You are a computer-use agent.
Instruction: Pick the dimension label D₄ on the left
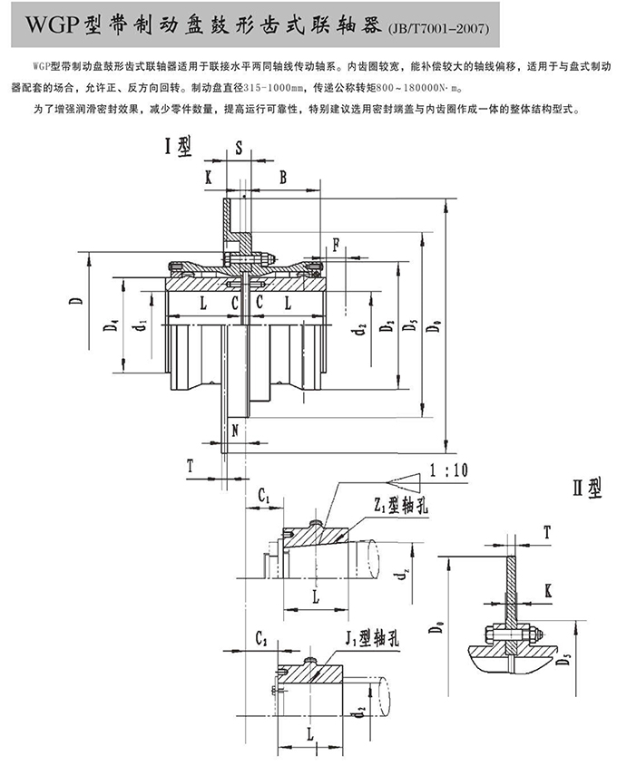point(108,325)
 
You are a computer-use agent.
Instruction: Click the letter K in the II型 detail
point(550,590)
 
